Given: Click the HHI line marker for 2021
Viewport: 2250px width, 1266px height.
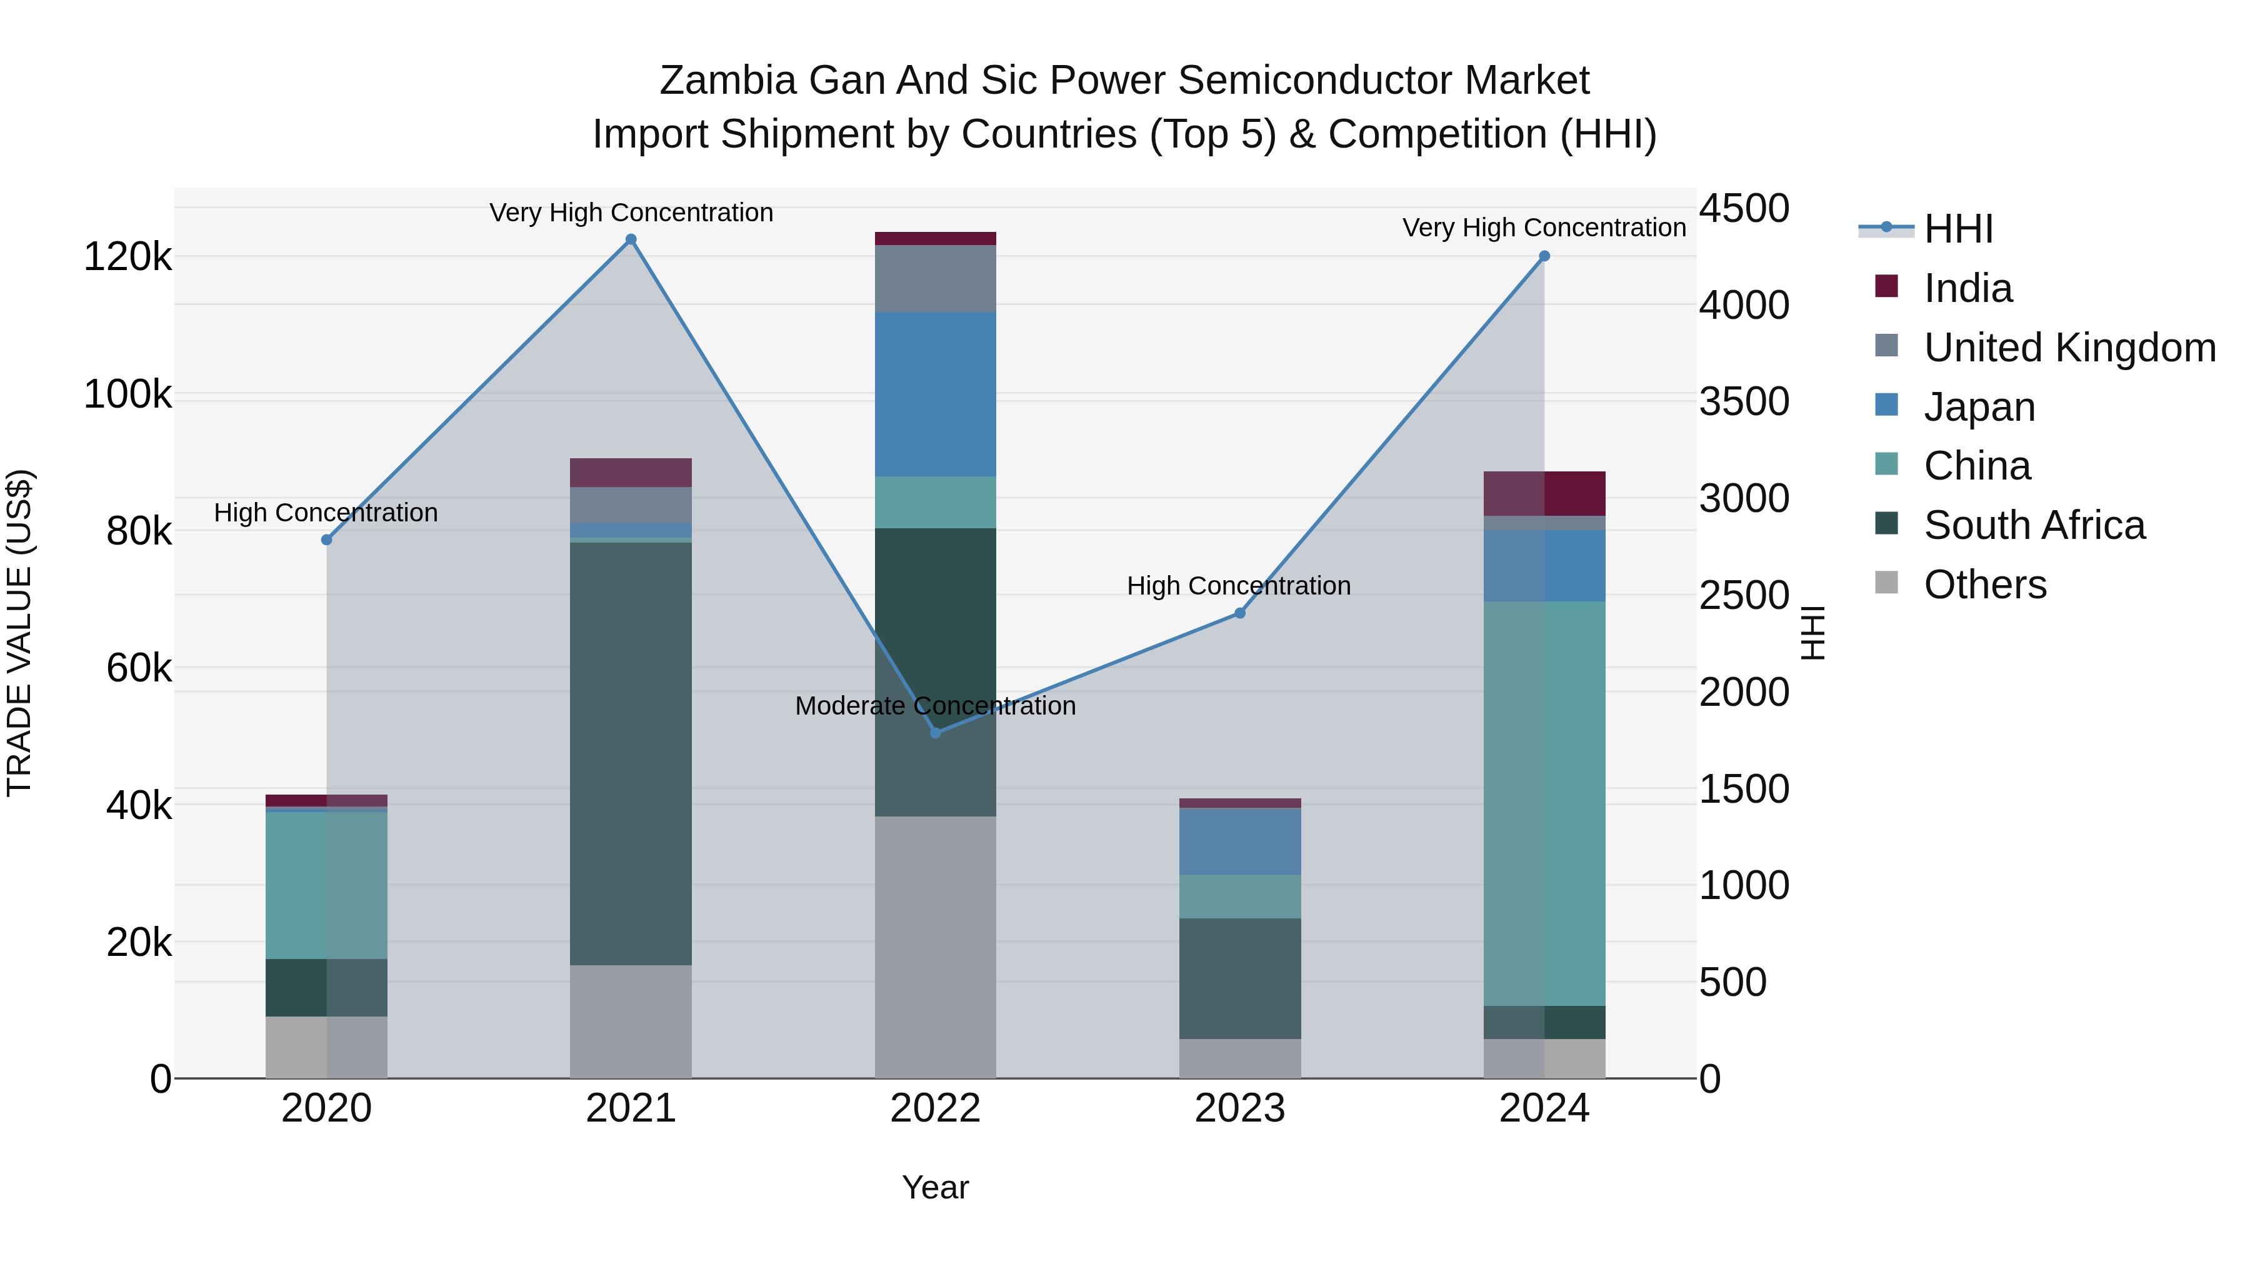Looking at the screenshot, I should (x=631, y=239).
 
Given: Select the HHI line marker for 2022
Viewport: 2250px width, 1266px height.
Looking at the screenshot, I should (x=936, y=732).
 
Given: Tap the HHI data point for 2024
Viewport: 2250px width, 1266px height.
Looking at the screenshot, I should (x=1544, y=256).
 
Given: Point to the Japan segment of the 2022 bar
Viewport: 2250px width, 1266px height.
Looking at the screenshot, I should (x=936, y=394).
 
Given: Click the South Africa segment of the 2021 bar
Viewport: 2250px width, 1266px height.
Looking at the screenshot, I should (x=631, y=753).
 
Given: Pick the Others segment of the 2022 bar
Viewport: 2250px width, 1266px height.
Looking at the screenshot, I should (x=936, y=947).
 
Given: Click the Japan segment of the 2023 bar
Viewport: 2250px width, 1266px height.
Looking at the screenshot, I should (x=1239, y=841).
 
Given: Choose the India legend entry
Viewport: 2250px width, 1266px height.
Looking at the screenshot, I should (x=1967, y=288).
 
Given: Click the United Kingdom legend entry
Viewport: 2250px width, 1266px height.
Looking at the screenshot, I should (x=2068, y=348).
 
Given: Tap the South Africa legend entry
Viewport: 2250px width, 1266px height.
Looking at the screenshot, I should (x=2033, y=525).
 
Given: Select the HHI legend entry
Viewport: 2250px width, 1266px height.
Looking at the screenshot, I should (x=1958, y=229).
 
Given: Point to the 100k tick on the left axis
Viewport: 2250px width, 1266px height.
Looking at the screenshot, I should (x=127, y=395).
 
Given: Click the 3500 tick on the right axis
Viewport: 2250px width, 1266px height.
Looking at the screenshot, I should (x=1743, y=402).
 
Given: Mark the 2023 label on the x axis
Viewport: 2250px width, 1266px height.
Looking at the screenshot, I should (x=1239, y=1108).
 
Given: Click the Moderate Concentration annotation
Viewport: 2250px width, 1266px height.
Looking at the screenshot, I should (x=936, y=706).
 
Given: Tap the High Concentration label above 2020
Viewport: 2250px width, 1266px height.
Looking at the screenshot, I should (x=326, y=513).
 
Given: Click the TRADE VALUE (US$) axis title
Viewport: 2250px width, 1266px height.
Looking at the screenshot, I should (x=19, y=633).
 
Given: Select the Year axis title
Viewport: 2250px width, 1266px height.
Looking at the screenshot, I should (x=936, y=1187).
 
